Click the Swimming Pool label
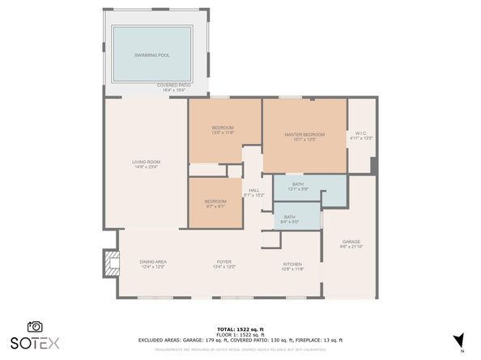151,54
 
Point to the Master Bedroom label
304,136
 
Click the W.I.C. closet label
361,136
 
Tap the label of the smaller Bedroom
215,203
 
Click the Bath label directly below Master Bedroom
297,187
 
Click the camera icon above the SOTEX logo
35,325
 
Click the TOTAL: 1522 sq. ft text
240,328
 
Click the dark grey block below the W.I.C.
373,164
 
